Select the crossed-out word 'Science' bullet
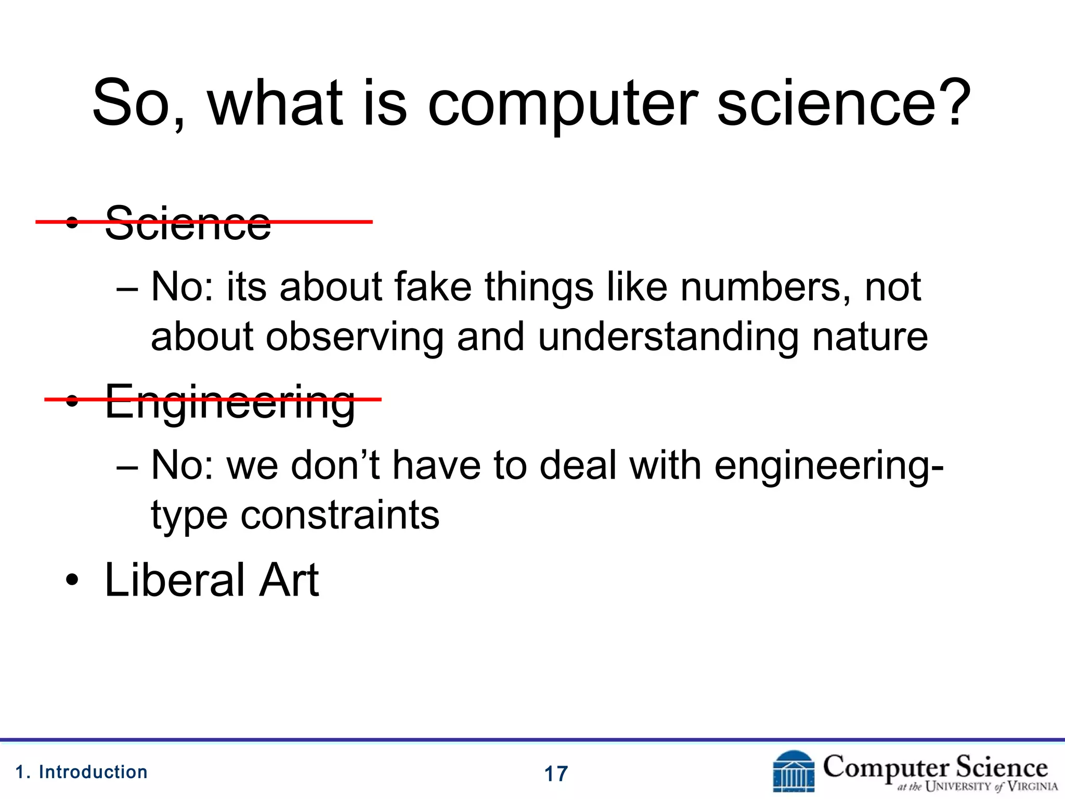188,223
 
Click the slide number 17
556,774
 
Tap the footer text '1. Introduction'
82,772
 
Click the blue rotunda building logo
794,771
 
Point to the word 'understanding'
668,337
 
